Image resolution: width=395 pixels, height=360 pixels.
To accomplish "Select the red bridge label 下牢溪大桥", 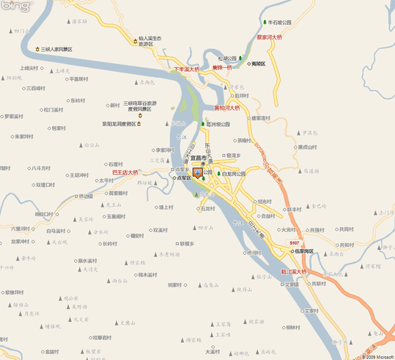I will pyautogui.click(x=186, y=70).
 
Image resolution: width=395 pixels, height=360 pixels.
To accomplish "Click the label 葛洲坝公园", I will pyautogui.click(x=218, y=124).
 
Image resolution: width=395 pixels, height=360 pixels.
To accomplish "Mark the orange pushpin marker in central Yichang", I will pyautogui.click(x=197, y=172).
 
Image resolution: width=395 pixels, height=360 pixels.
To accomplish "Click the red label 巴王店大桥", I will pyautogui.click(x=126, y=172).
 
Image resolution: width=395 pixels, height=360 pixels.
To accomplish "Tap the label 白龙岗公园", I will pyautogui.click(x=234, y=174).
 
